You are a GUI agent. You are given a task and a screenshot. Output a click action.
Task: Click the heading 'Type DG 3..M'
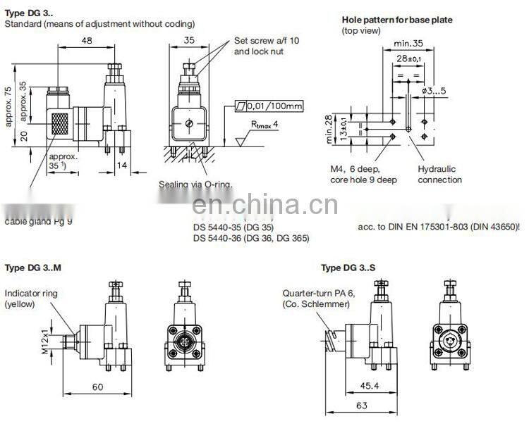pyautogui.click(x=34, y=268)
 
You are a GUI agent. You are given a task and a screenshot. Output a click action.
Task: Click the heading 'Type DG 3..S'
pyautogui.click(x=348, y=268)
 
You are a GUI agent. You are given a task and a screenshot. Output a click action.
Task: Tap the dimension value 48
pyautogui.click(x=87, y=42)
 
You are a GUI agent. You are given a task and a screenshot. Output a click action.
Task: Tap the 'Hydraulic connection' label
pyautogui.click(x=439, y=175)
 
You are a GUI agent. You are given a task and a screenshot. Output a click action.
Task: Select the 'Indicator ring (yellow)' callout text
pyautogui.click(x=31, y=299)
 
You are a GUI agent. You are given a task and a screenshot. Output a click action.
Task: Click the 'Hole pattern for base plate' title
pyautogui.click(x=397, y=20)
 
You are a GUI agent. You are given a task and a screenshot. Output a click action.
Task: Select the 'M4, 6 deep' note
pyautogui.click(x=354, y=170)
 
